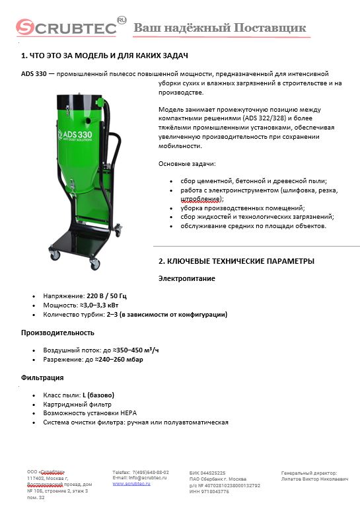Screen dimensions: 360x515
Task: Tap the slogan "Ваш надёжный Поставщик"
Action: pyautogui.click(x=219, y=28)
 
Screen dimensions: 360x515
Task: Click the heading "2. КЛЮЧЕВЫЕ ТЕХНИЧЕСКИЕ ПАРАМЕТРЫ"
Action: pyautogui.click(x=236, y=261)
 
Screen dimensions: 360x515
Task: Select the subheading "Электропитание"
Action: pyautogui.click(x=186, y=279)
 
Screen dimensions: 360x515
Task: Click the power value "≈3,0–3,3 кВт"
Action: pyautogui.click(x=104, y=306)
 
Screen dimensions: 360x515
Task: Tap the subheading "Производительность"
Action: pyautogui.click(x=57, y=333)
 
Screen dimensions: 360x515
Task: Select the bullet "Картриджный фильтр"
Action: pyautogui.click(x=77, y=404)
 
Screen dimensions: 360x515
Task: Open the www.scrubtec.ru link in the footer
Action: pyautogui.click(x=131, y=484)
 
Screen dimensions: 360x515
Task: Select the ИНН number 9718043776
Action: pyautogui.click(x=221, y=491)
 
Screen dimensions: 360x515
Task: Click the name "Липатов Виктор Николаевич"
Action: pyautogui.click(x=314, y=478)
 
